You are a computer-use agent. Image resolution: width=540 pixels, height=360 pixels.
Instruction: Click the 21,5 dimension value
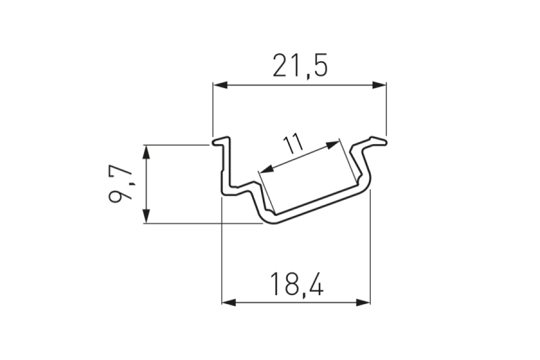[x=300, y=65]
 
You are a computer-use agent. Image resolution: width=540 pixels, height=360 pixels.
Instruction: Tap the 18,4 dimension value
[x=297, y=284]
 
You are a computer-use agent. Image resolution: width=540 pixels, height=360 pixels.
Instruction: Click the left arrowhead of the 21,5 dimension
[x=220, y=85]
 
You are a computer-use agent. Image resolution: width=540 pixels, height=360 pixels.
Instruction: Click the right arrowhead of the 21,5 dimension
[x=379, y=85]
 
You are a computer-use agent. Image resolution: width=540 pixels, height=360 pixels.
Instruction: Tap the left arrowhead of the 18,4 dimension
[x=229, y=302]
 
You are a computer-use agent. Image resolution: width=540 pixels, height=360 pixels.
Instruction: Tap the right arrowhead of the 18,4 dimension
[x=364, y=302]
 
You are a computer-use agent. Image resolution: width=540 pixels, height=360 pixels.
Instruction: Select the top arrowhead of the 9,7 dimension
[x=147, y=152]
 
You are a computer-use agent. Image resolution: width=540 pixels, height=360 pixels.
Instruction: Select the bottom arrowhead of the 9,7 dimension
[x=147, y=216]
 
